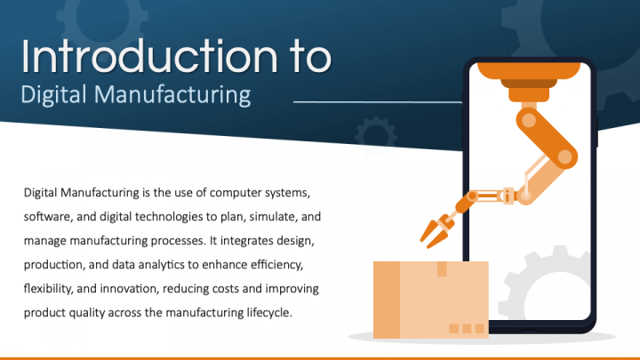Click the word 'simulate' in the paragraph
tap(239, 216)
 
